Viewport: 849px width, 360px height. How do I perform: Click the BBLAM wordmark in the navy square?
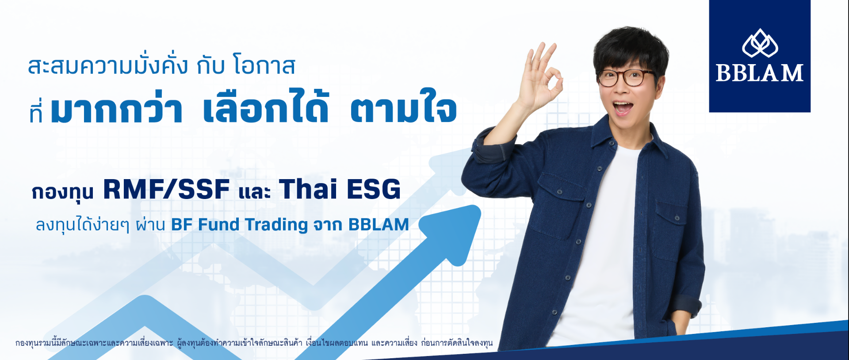[x=759, y=73]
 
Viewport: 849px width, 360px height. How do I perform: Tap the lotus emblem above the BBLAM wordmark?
[x=760, y=43]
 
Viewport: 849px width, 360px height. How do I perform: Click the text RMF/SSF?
[x=166, y=190]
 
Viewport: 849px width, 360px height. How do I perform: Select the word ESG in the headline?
[x=374, y=190]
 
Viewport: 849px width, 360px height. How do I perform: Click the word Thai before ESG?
[x=308, y=190]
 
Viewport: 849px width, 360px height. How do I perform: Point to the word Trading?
[x=276, y=225]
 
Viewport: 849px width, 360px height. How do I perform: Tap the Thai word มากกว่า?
[x=116, y=109]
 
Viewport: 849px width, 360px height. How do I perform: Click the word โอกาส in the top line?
[x=264, y=66]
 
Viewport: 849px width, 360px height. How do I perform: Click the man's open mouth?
[x=623, y=107]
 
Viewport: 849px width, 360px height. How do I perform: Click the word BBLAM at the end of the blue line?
[x=379, y=225]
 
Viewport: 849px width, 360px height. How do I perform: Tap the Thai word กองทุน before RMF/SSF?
[x=63, y=192]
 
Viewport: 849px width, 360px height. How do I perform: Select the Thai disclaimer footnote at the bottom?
[x=254, y=343]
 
